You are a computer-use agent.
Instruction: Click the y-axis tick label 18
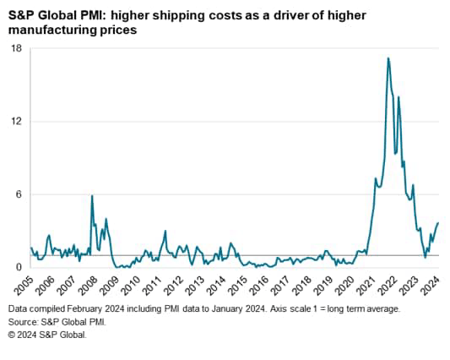tap(16, 48)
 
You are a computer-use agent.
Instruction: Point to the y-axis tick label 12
tap(16, 121)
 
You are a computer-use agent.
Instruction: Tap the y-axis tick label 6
tap(19, 194)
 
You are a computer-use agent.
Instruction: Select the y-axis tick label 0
tap(19, 267)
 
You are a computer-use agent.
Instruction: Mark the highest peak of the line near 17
tap(388, 57)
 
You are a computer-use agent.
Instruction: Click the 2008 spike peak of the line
tap(92, 196)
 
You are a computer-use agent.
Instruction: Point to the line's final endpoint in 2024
tap(439, 222)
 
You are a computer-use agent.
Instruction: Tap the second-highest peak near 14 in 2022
tap(398, 97)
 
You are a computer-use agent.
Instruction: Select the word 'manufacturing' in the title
tap(49, 30)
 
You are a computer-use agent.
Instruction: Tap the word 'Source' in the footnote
tap(24, 322)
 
